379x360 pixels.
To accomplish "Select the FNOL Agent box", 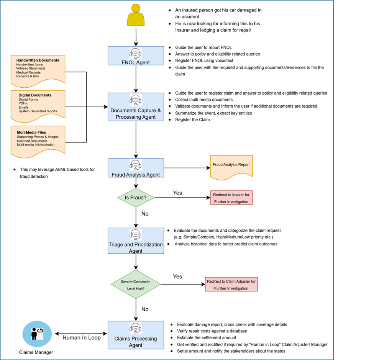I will pos(136,56).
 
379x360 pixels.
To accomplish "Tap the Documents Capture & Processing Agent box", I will pos(136,107).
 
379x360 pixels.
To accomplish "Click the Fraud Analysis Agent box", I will pos(136,168).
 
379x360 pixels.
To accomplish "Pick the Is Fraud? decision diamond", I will pos(136,198).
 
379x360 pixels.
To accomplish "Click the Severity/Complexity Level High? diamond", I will pos(136,284).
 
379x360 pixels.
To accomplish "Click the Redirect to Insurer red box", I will pos(231,198).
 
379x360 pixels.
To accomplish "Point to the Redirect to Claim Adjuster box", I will pos(231,285).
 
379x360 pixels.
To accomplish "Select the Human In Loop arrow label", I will pos(82,337).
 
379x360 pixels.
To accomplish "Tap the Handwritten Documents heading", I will pos(38,60).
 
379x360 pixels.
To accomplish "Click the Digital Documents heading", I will pos(35,95).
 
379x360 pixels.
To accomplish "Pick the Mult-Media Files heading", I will pos(31,133).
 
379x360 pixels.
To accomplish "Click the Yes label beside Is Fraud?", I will pos(177,193).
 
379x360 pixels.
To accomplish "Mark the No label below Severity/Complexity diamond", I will pos(145,309).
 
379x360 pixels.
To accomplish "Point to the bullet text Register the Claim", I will pos(192,119).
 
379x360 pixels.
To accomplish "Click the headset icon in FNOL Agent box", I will pos(136,53).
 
